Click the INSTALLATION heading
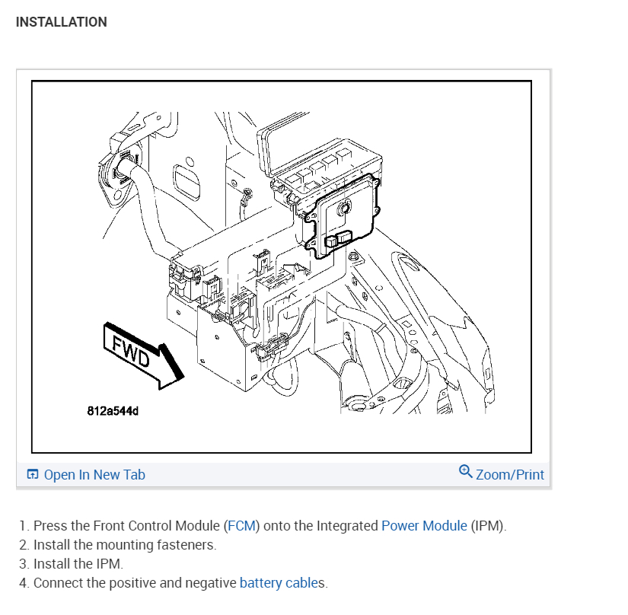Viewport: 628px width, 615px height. (61, 22)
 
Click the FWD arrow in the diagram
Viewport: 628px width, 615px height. (142, 355)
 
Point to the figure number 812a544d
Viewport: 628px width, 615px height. (113, 412)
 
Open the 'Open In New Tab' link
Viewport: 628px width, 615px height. (94, 475)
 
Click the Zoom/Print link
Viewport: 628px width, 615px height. (509, 475)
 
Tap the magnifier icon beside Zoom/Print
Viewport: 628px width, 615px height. (466, 472)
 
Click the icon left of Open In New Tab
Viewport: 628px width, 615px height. (33, 475)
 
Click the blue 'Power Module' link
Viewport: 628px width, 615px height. (423, 526)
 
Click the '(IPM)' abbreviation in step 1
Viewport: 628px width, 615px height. (487, 526)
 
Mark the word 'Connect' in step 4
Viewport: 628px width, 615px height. (58, 584)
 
